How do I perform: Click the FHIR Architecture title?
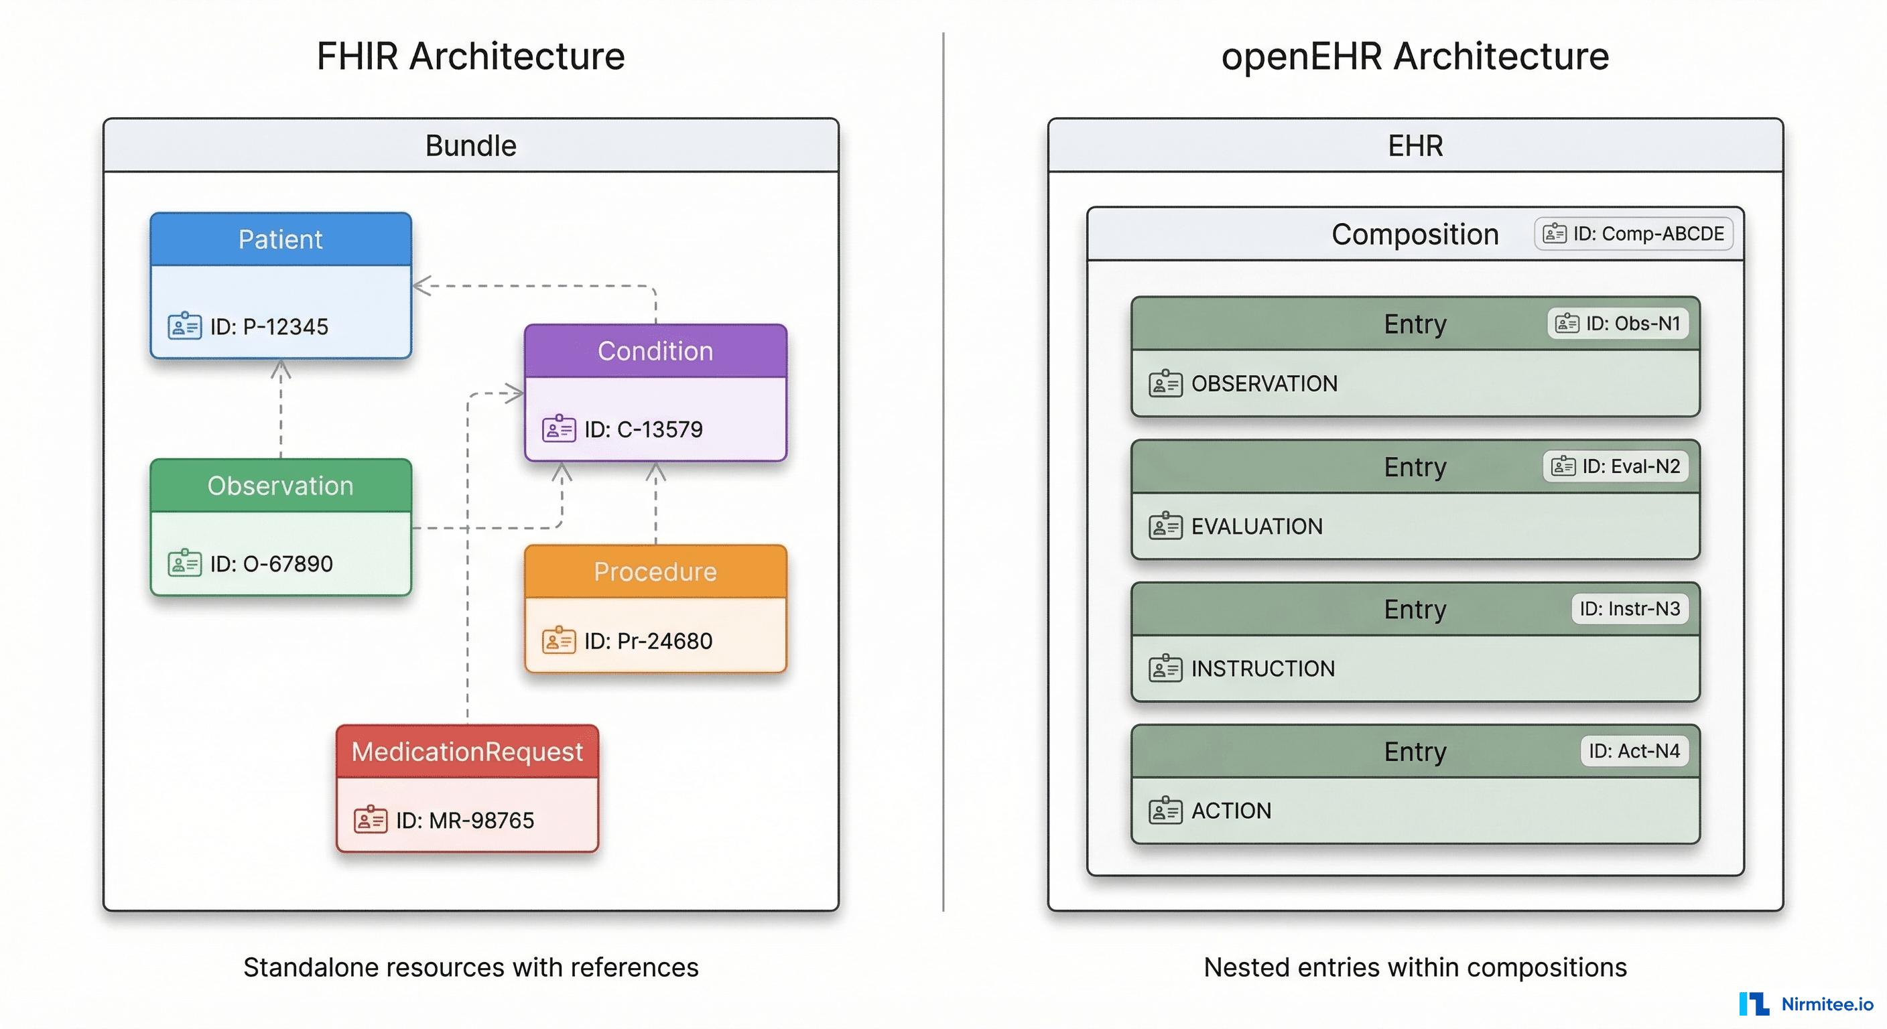click(x=470, y=56)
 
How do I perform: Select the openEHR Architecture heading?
click(x=1415, y=56)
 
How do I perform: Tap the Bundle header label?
click(x=470, y=146)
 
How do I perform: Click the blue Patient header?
click(x=281, y=239)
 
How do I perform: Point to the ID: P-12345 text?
click(x=269, y=327)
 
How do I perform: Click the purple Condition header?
click(x=655, y=351)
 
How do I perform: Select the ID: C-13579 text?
click(x=643, y=429)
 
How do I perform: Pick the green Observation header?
click(x=281, y=486)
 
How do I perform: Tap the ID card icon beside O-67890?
click(x=184, y=563)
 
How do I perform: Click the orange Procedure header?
click(x=655, y=571)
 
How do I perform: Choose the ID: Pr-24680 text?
click(x=647, y=641)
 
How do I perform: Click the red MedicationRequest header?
click(x=467, y=752)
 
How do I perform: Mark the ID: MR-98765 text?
click(x=465, y=820)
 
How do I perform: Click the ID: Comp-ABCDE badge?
click(x=1634, y=234)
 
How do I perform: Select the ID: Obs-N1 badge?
click(x=1618, y=324)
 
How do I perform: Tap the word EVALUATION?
click(x=1256, y=527)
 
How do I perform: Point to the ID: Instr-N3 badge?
click(x=1629, y=608)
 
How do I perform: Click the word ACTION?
click(x=1231, y=811)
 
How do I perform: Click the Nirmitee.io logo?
click(x=1806, y=1004)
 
